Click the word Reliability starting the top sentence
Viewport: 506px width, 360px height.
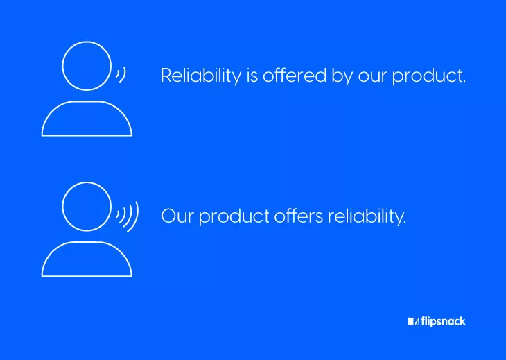click(x=201, y=76)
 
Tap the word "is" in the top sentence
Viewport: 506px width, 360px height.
click(x=252, y=76)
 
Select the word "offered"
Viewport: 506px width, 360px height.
click(x=295, y=75)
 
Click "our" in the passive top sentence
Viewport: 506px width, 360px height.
click(x=372, y=78)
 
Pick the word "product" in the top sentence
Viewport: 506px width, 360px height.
click(x=426, y=76)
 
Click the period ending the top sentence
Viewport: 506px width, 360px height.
click(x=464, y=82)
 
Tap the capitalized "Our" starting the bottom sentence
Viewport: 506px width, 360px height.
click(x=177, y=216)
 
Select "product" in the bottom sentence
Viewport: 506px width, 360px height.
click(x=234, y=217)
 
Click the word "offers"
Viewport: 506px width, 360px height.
click(x=299, y=216)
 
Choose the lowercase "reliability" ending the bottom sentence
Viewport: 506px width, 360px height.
click(x=365, y=217)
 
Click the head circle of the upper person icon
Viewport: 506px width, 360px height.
click(x=87, y=42)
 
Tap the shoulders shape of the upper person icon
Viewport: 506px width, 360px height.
click(x=87, y=102)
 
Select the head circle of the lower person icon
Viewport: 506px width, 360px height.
click(x=87, y=182)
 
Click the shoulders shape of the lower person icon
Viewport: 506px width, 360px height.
click(x=87, y=242)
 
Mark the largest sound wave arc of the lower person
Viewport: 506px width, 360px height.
click(x=138, y=216)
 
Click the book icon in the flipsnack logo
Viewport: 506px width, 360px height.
click(x=413, y=321)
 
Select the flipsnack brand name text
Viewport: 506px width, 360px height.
click(x=443, y=322)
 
